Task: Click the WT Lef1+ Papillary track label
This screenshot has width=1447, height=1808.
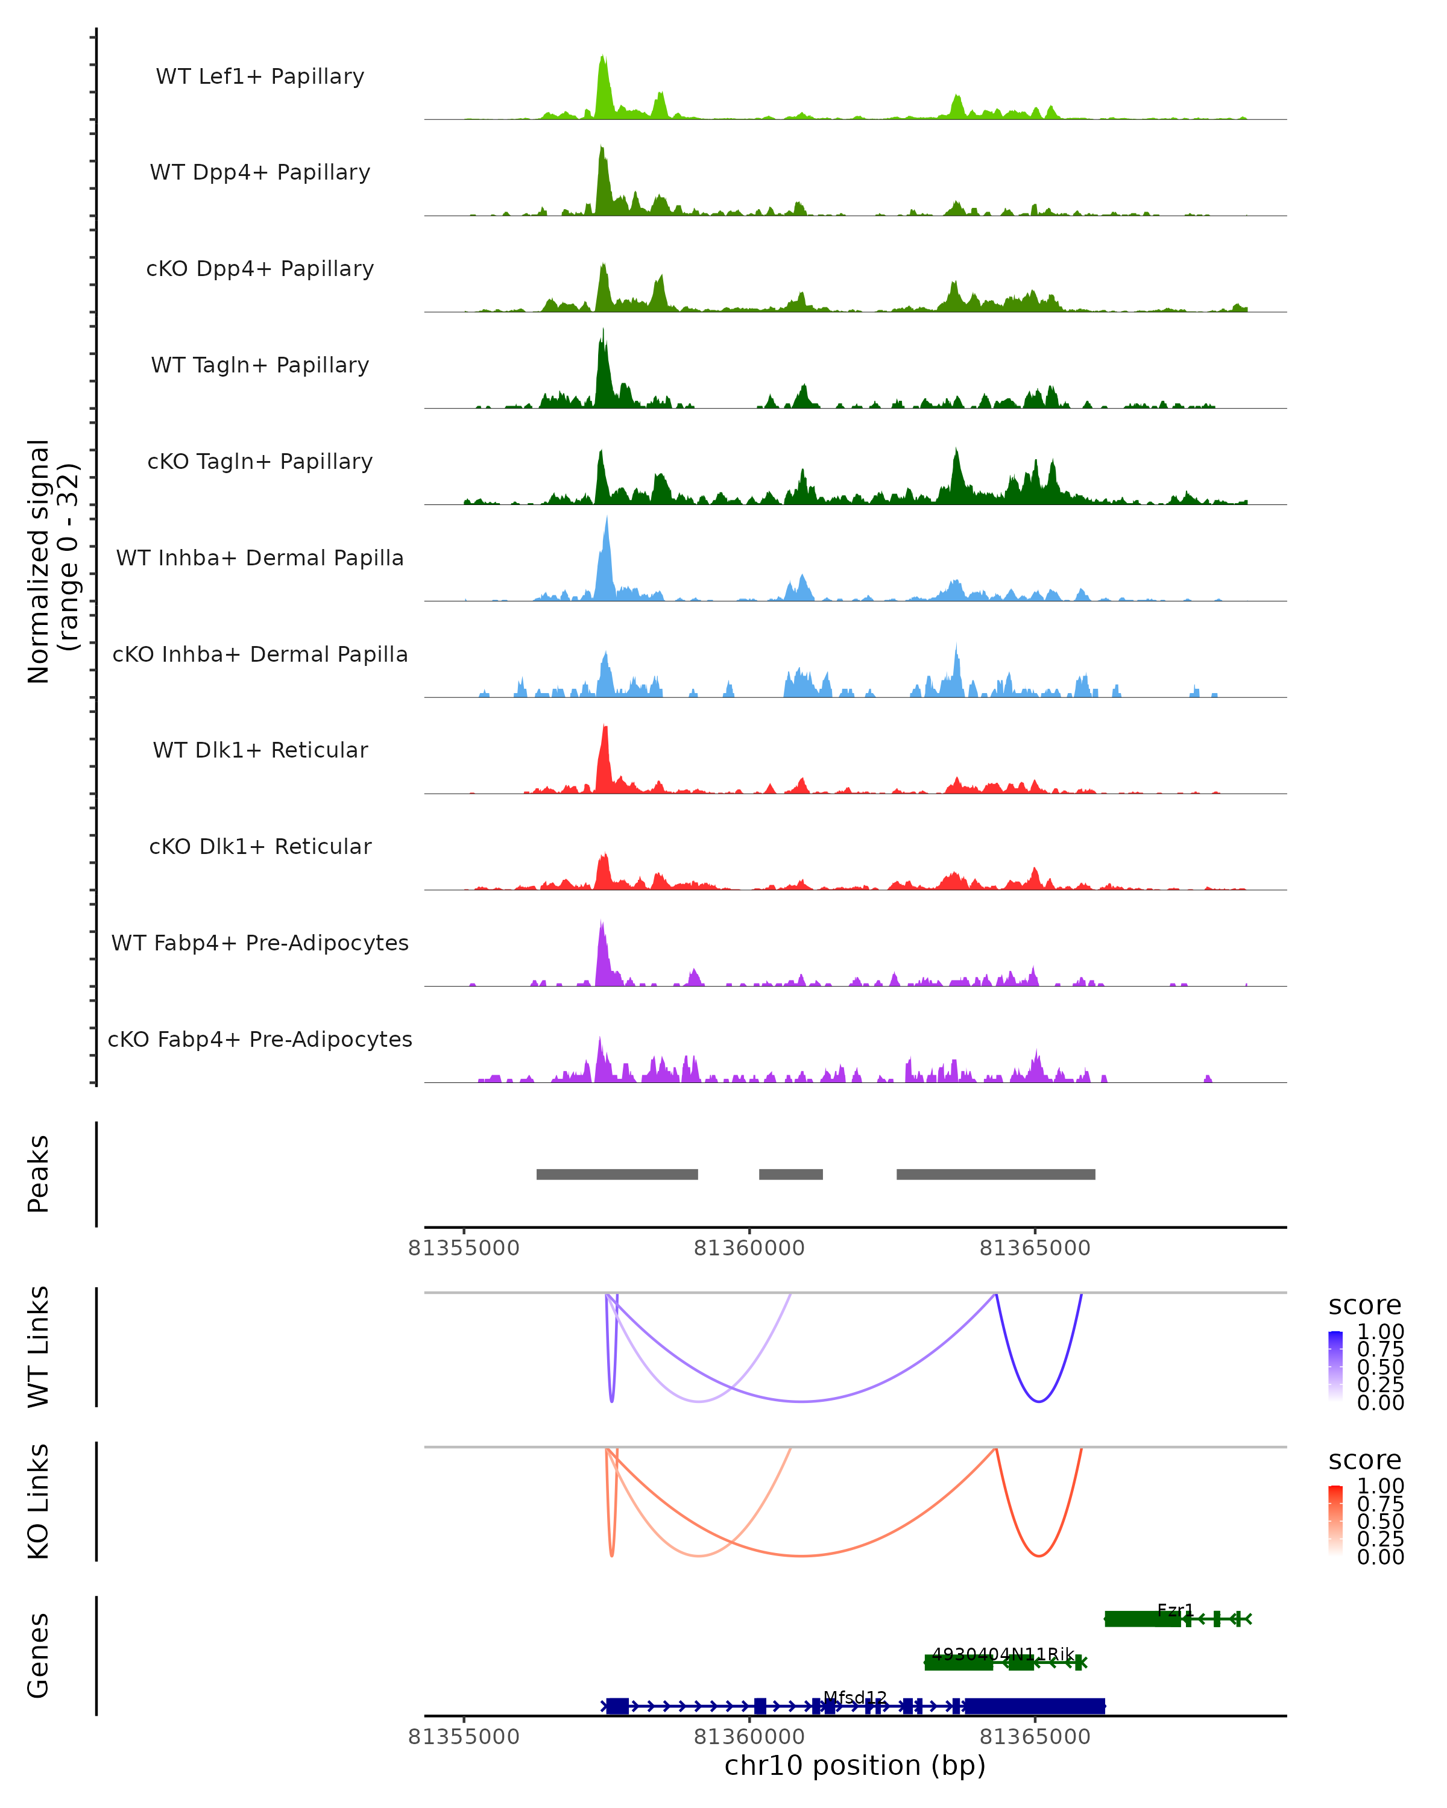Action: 260,77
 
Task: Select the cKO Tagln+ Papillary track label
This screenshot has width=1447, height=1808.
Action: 260,461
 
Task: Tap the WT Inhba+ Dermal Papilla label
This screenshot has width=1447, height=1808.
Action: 260,557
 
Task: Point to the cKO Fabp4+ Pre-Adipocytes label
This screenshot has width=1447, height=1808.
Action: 260,1039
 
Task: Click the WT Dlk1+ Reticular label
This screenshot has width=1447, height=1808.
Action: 260,750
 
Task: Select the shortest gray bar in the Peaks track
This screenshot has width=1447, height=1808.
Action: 790,1174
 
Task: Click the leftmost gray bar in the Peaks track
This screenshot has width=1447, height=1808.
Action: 617,1174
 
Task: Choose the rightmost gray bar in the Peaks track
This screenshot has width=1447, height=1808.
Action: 995,1174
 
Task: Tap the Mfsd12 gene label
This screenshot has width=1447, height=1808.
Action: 855,1697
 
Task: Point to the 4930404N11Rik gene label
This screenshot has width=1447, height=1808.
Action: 1003,1654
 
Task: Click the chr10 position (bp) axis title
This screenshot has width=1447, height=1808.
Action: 855,1765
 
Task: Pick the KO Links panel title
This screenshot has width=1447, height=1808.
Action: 39,1501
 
